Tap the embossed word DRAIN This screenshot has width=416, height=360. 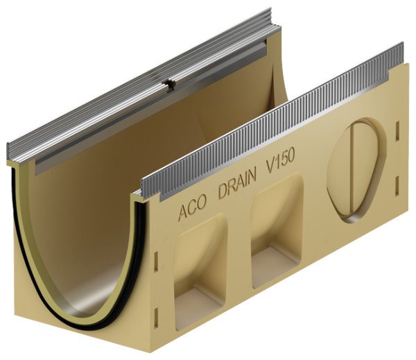coord(236,187)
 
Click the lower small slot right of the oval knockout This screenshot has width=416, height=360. coord(397,185)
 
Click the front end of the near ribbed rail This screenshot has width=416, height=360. coord(146,188)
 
